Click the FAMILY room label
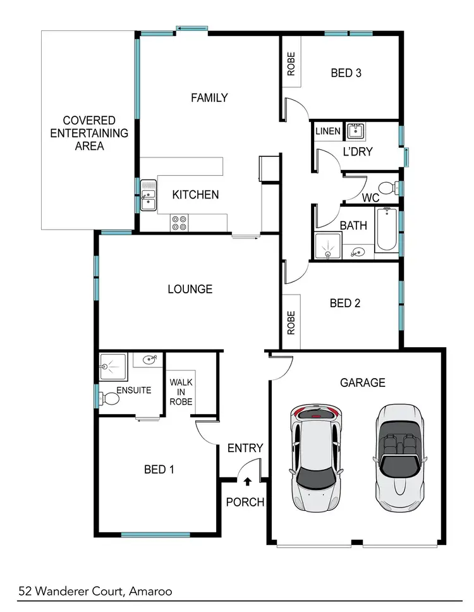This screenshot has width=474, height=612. tap(209, 98)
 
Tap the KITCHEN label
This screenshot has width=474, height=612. tap(196, 195)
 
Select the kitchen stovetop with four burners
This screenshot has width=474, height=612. tap(179, 223)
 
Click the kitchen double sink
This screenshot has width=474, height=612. tap(149, 194)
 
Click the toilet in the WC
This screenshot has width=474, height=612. tap(395, 187)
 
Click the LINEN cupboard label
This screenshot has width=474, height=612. tap(327, 132)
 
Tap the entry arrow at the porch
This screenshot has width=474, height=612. tap(246, 481)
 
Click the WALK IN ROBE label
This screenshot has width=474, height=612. tap(181, 392)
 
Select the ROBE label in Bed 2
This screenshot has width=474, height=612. tap(291, 322)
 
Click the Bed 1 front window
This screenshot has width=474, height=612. tap(155, 535)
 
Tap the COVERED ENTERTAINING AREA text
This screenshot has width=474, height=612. tap(88, 133)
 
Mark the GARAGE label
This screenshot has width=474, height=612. tap(362, 382)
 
